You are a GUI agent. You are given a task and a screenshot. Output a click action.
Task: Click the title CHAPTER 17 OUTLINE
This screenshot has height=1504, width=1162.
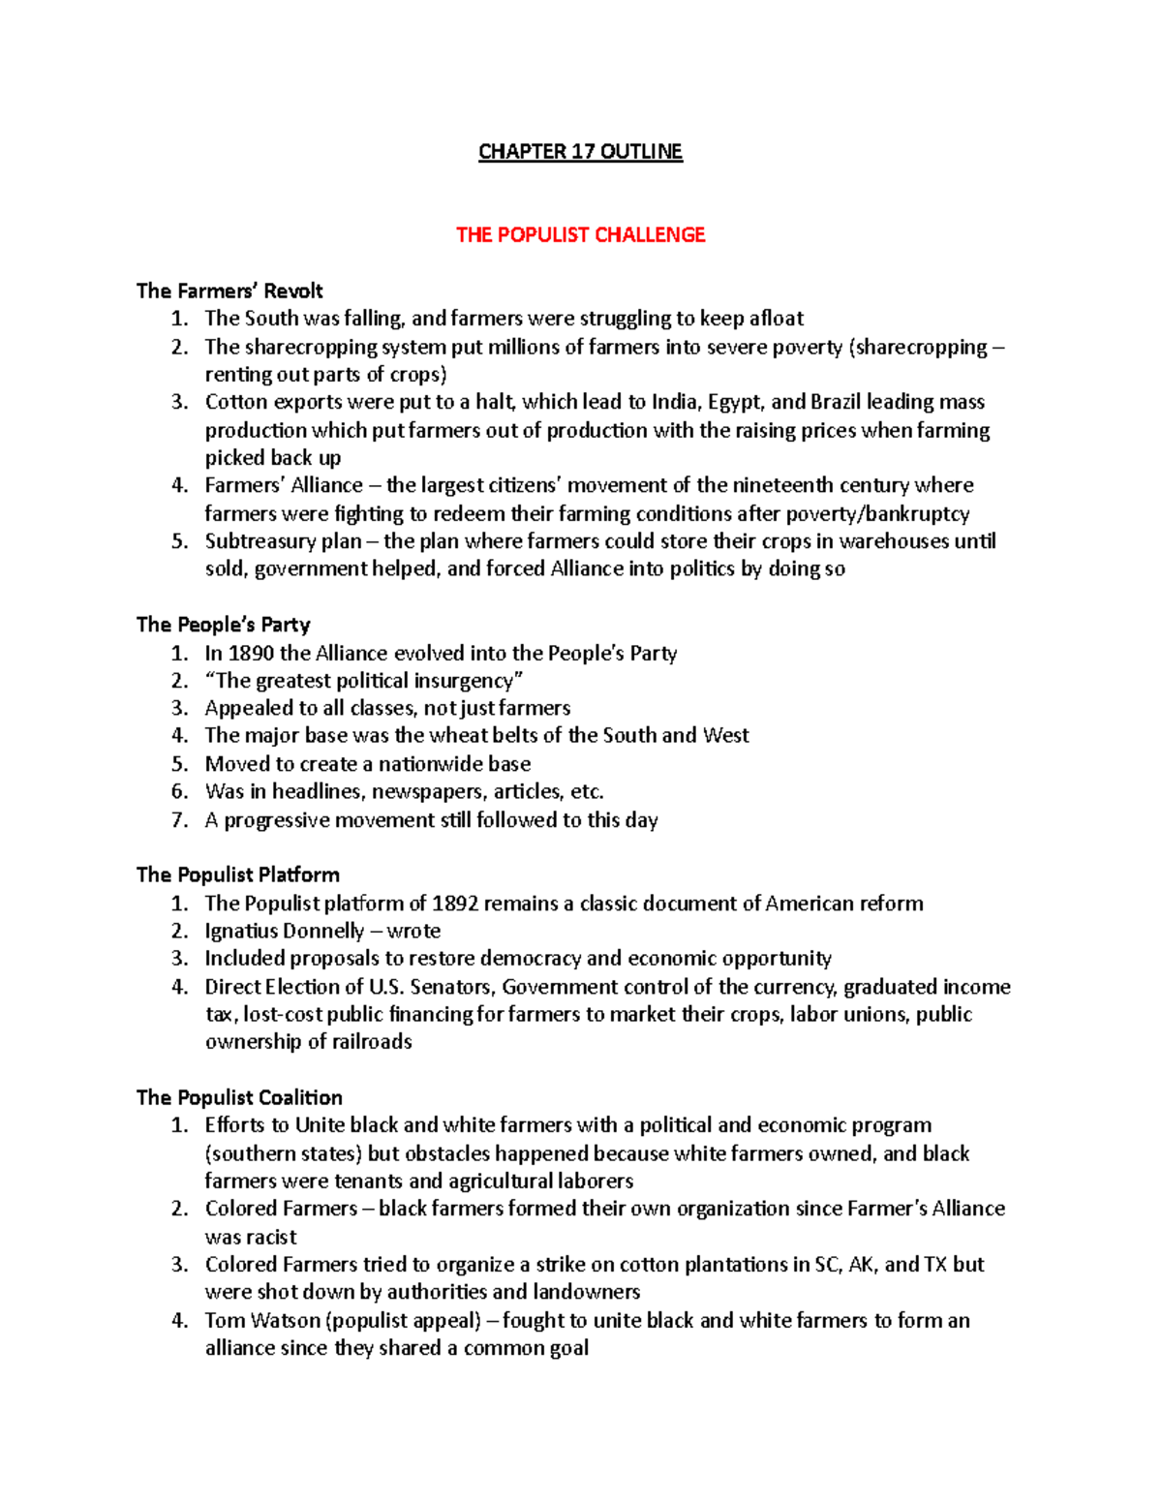click(580, 152)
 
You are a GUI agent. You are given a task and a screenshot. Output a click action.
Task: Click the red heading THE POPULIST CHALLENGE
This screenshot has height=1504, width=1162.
click(580, 235)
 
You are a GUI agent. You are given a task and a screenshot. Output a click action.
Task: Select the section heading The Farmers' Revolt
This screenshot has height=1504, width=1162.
click(229, 292)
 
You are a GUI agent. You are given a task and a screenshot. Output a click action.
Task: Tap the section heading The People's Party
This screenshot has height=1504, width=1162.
click(223, 625)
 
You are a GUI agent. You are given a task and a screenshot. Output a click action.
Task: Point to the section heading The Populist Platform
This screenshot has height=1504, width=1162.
click(237, 875)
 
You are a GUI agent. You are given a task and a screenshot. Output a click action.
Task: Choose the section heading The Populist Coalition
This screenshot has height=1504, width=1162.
click(239, 1098)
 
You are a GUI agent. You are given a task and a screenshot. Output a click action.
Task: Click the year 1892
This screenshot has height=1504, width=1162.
click(455, 905)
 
